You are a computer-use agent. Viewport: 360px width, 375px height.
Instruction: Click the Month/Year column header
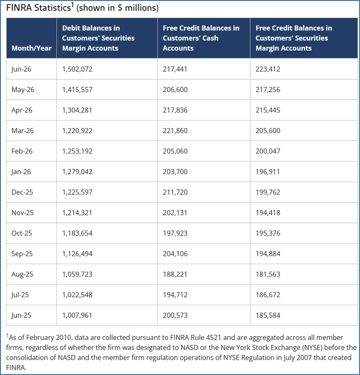pyautogui.click(x=32, y=48)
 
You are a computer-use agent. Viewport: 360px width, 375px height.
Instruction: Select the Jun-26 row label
pyautogui.click(x=21, y=69)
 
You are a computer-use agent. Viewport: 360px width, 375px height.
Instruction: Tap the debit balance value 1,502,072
pyautogui.click(x=77, y=69)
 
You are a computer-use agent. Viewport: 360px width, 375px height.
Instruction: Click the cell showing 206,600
pyautogui.click(x=175, y=90)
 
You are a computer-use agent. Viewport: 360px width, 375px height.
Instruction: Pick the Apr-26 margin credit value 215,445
pyautogui.click(x=268, y=110)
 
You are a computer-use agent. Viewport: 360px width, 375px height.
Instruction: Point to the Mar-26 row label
pyautogui.click(x=22, y=131)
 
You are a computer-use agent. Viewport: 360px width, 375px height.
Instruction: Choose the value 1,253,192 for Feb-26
pyautogui.click(x=77, y=151)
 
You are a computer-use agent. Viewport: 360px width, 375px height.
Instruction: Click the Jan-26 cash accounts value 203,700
pyautogui.click(x=175, y=172)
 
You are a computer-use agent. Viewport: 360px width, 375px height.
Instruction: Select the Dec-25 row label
pyautogui.click(x=22, y=192)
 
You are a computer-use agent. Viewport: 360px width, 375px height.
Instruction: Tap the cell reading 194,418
pyautogui.click(x=268, y=213)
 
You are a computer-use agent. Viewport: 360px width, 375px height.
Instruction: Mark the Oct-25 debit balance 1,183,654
pyautogui.click(x=77, y=233)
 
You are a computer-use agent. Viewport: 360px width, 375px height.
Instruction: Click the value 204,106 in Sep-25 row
pyautogui.click(x=175, y=254)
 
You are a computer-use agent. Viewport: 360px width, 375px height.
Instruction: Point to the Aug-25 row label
pyautogui.click(x=22, y=274)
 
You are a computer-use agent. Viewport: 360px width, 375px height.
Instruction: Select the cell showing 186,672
pyautogui.click(x=268, y=295)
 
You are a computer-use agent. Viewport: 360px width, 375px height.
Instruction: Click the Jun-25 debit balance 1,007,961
pyautogui.click(x=77, y=316)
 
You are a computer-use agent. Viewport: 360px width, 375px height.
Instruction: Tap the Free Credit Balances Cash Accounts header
pyautogui.click(x=201, y=38)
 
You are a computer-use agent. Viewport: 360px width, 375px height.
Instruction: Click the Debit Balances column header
pyautogui.click(x=98, y=38)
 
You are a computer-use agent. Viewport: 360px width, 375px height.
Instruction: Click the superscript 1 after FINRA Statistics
pyautogui.click(x=72, y=5)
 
